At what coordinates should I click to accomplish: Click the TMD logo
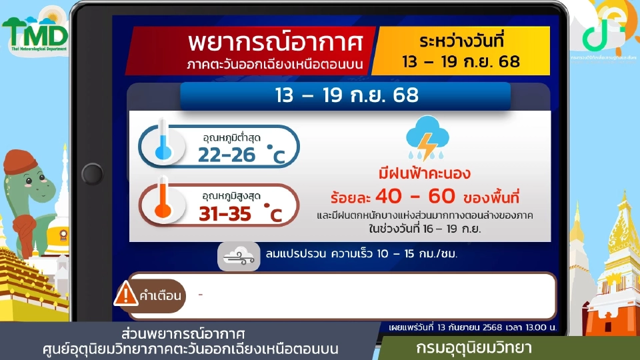pyautogui.click(x=35, y=32)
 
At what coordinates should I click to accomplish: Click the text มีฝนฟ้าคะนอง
pyautogui.click(x=424, y=175)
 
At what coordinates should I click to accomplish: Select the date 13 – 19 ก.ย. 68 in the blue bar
pyautogui.click(x=346, y=95)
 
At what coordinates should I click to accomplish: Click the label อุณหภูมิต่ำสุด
pyautogui.click(x=231, y=137)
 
